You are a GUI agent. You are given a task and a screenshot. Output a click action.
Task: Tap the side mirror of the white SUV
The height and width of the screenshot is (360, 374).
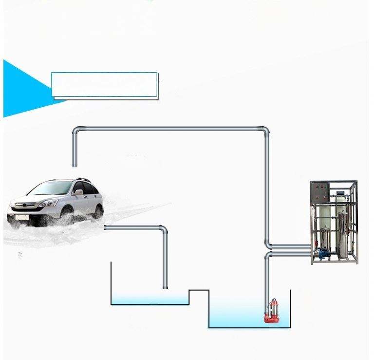click(78, 192)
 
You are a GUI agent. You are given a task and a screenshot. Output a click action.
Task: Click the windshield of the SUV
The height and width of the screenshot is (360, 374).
click(51, 188)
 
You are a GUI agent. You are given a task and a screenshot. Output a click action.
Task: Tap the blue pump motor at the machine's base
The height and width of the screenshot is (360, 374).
click(322, 253)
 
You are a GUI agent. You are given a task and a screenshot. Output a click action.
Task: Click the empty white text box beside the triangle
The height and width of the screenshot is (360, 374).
click(105, 85)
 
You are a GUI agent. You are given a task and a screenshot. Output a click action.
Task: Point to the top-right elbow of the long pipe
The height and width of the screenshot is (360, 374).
click(265, 131)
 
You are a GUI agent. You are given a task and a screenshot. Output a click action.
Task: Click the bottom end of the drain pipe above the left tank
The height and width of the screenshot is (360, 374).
click(165, 286)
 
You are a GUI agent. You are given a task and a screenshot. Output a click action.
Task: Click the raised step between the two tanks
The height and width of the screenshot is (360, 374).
click(199, 291)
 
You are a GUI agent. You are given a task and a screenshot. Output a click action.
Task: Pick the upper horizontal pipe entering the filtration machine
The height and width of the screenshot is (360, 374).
click(290, 246)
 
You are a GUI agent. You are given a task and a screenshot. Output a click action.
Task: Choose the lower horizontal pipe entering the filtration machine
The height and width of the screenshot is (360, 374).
click(290, 254)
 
